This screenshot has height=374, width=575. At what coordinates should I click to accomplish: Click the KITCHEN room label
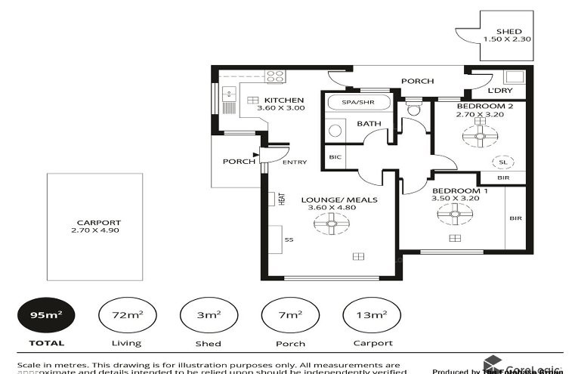point(283,100)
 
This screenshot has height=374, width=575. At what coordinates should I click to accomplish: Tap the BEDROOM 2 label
point(484,107)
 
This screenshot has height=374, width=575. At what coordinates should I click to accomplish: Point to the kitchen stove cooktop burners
point(275,76)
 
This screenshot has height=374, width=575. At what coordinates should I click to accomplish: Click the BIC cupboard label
point(335,158)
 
